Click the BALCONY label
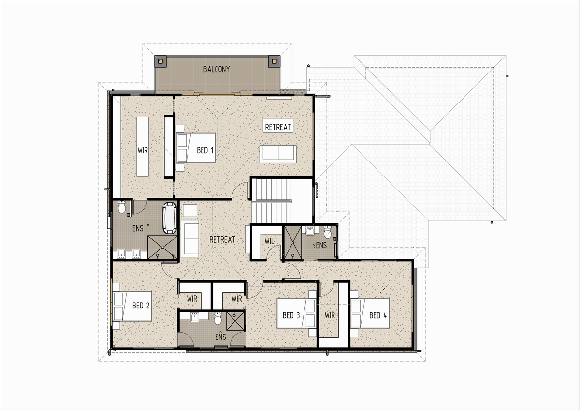(217, 69)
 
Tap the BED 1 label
(205, 150)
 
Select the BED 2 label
(141, 306)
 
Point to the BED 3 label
(291, 315)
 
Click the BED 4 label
(378, 315)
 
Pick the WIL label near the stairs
(269, 241)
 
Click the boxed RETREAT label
(278, 127)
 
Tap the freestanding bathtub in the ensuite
(170, 218)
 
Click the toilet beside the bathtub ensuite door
(122, 206)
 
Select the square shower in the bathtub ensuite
(162, 248)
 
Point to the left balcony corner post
(160, 61)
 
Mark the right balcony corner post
(274, 61)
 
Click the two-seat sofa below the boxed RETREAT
(278, 154)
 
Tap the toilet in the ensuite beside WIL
(328, 232)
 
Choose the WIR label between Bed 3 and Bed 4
(330, 315)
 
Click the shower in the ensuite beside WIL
(293, 242)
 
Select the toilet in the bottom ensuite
(218, 318)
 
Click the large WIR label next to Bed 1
(143, 150)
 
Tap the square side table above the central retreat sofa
(190, 210)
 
